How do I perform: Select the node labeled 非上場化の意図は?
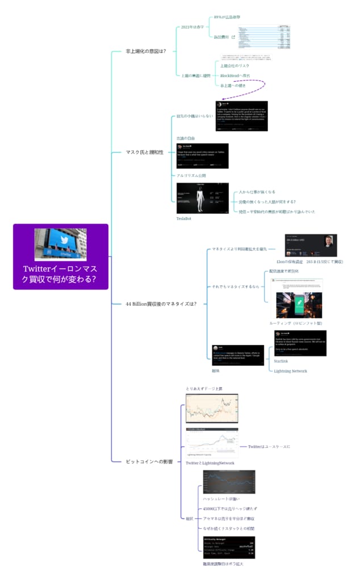pos(145,52)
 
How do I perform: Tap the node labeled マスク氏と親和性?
pos(144,152)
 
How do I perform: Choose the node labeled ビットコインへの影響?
pos(149,461)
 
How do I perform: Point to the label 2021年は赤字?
pos(193,27)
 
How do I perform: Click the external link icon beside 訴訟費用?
pos(233,37)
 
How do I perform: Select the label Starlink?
pos(281,361)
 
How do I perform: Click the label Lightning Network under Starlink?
pos(290,371)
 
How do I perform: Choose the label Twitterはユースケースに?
pos(269,447)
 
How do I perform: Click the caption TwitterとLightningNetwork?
pos(210,463)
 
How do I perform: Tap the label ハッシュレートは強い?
pos(217,498)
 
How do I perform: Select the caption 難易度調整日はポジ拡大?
pos(219,564)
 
